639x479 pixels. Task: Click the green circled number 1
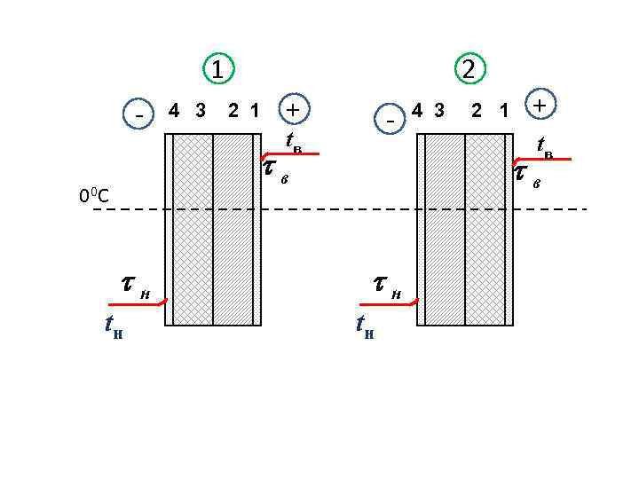[x=217, y=68]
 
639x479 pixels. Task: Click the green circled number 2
[x=468, y=68]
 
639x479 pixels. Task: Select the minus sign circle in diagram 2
[x=390, y=116]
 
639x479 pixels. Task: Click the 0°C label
[x=93, y=195]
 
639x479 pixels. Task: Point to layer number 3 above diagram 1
[x=201, y=111]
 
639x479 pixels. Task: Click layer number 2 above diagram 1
[x=233, y=111]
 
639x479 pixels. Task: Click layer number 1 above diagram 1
[x=255, y=111]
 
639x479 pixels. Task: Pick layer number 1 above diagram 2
[x=504, y=111]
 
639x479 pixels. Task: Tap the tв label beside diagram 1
[x=293, y=142]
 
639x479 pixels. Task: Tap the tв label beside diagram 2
[x=544, y=147]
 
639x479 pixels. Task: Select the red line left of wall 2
[x=388, y=304]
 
